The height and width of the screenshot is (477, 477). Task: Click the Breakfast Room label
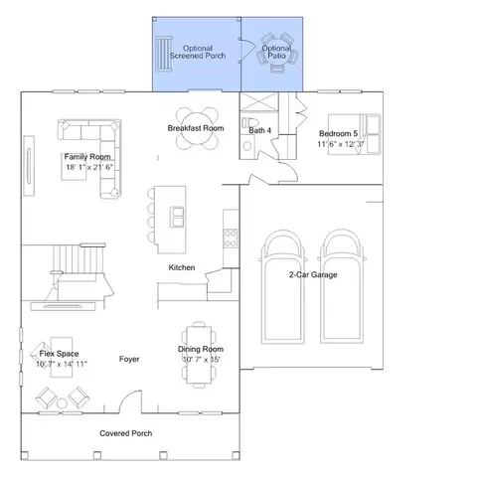point(196,128)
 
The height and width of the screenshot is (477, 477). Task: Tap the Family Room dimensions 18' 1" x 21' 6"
point(89,167)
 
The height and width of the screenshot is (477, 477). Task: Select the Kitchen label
point(182,267)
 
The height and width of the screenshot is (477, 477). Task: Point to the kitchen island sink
point(177,217)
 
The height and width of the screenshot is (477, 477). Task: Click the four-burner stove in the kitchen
point(231,238)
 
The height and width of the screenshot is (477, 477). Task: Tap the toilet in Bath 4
point(249,122)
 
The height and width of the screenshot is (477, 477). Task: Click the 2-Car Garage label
point(313,274)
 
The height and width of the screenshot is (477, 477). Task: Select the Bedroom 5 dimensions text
point(341,144)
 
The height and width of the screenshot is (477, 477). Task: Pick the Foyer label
point(129,359)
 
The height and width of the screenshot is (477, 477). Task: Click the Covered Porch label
point(126,433)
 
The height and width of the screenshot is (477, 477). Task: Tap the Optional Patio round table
point(277,52)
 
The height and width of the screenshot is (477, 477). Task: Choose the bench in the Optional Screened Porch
point(164,54)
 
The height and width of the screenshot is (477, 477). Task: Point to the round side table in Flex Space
point(62,403)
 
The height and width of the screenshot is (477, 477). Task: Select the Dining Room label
point(201,349)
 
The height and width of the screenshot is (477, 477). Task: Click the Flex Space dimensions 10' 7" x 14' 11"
point(62,364)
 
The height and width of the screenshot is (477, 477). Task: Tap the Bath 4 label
point(260,130)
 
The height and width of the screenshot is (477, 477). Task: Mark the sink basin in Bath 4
point(246,146)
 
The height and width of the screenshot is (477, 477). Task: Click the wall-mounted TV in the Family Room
point(29,166)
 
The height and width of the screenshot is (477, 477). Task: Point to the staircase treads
point(79,258)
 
